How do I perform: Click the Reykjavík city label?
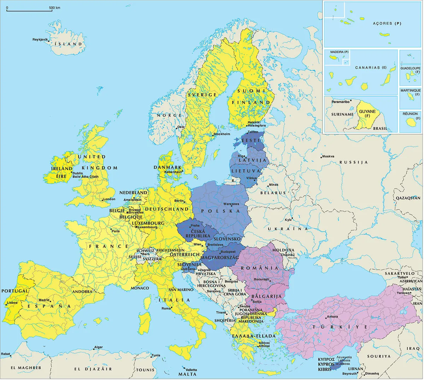click(x=40, y=40)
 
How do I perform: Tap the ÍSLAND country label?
click(x=69, y=44)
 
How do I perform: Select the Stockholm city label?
click(x=222, y=134)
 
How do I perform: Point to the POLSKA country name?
click(x=220, y=211)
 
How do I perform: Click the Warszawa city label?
click(x=231, y=204)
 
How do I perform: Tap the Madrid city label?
click(x=44, y=300)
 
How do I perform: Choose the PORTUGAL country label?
click(x=14, y=291)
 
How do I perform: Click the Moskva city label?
click(x=328, y=156)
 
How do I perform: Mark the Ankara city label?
click(x=332, y=316)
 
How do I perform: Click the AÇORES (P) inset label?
click(x=387, y=24)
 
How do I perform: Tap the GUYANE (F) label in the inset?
click(x=367, y=113)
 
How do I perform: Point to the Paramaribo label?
click(x=340, y=102)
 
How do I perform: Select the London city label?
click(x=109, y=199)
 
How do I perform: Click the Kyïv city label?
click(x=288, y=220)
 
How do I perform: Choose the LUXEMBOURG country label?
click(x=148, y=223)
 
